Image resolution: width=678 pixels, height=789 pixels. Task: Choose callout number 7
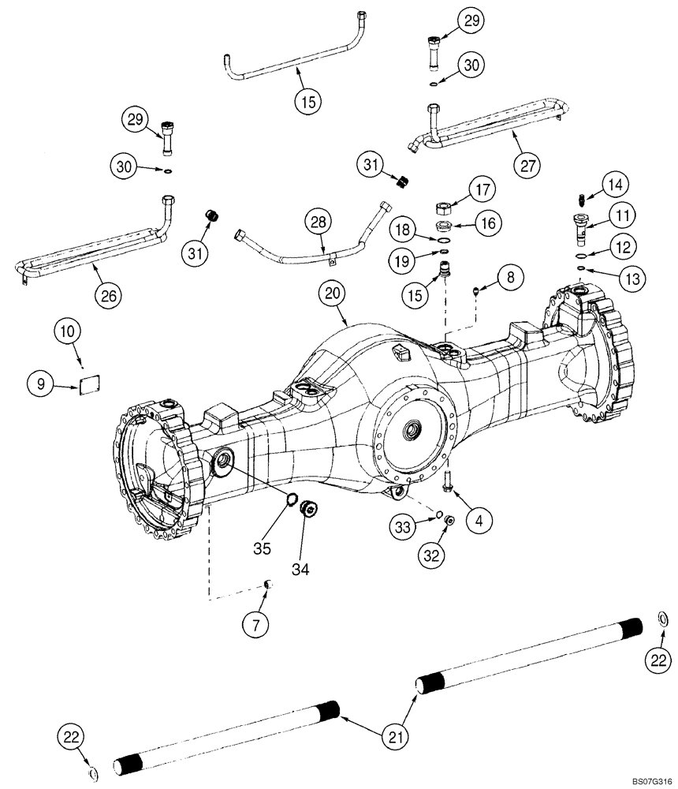(255, 626)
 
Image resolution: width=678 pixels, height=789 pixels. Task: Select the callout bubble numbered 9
(40, 385)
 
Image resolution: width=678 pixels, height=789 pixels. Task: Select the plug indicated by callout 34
(311, 510)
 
